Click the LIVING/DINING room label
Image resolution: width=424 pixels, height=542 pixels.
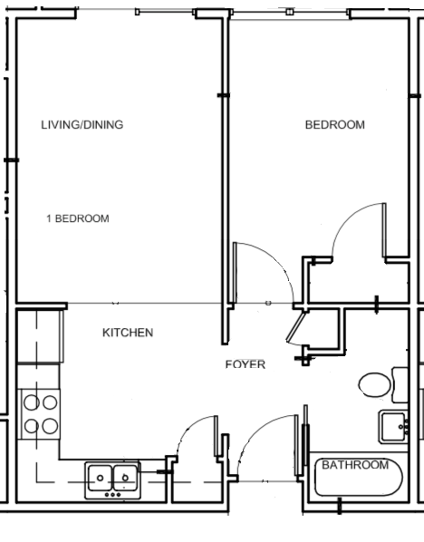(82, 125)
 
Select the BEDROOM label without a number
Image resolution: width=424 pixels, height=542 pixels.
(334, 125)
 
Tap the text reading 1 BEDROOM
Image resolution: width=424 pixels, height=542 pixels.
(78, 218)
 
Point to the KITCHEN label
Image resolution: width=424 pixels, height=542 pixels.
(127, 333)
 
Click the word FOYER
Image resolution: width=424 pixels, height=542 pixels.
(245, 364)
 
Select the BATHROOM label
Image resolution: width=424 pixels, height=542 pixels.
(355, 465)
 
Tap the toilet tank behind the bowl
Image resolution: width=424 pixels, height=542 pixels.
(399, 384)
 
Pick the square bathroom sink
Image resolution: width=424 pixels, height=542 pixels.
(393, 425)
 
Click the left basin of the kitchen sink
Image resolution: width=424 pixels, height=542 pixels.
(100, 475)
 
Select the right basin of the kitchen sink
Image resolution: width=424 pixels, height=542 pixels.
(124, 475)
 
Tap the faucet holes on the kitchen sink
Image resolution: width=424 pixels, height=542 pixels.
(112, 494)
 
